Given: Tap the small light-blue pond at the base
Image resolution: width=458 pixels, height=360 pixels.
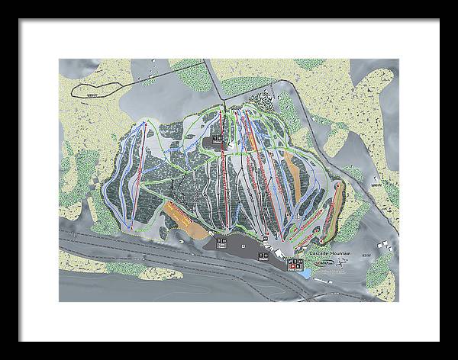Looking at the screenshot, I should click(x=305, y=272).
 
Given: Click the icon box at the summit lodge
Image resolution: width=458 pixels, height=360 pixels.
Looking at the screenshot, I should click(x=218, y=139).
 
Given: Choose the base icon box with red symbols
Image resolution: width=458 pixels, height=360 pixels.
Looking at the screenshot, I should click(x=292, y=263).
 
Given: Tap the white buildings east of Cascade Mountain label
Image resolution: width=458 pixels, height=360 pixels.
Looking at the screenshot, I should click(x=386, y=249).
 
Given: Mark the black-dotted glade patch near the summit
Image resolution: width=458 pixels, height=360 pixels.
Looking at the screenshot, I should click(x=263, y=100).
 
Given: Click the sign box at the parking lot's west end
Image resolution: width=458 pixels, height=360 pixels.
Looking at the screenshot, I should click(x=221, y=241).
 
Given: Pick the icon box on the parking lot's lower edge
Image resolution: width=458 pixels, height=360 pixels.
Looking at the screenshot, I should click(x=264, y=256).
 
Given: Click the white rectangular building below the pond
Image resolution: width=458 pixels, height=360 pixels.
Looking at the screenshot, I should click(x=320, y=281).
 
